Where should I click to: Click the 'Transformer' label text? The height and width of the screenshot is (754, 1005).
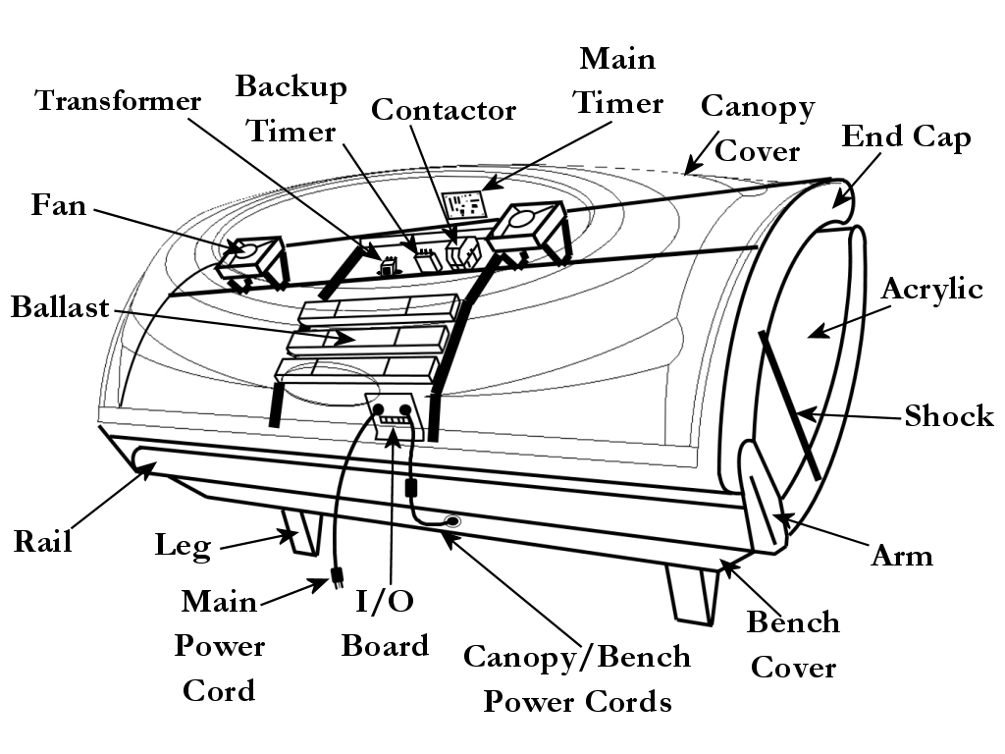pyautogui.click(x=118, y=101)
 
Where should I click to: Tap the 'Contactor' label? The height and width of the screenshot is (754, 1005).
pyautogui.click(x=444, y=110)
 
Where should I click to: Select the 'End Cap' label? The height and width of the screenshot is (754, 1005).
pyautogui.click(x=906, y=136)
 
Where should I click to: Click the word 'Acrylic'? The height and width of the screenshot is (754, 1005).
pyautogui.click(x=931, y=289)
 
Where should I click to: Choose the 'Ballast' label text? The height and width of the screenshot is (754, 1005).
pyautogui.click(x=60, y=307)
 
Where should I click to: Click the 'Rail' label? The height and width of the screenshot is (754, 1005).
pyautogui.click(x=42, y=541)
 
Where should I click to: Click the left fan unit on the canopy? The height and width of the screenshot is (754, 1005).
pyautogui.click(x=249, y=258)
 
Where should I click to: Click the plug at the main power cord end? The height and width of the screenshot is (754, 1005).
pyautogui.click(x=337, y=580)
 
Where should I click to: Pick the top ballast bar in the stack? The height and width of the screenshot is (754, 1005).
pyautogui.click(x=379, y=308)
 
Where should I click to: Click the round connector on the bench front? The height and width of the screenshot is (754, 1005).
pyautogui.click(x=452, y=521)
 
